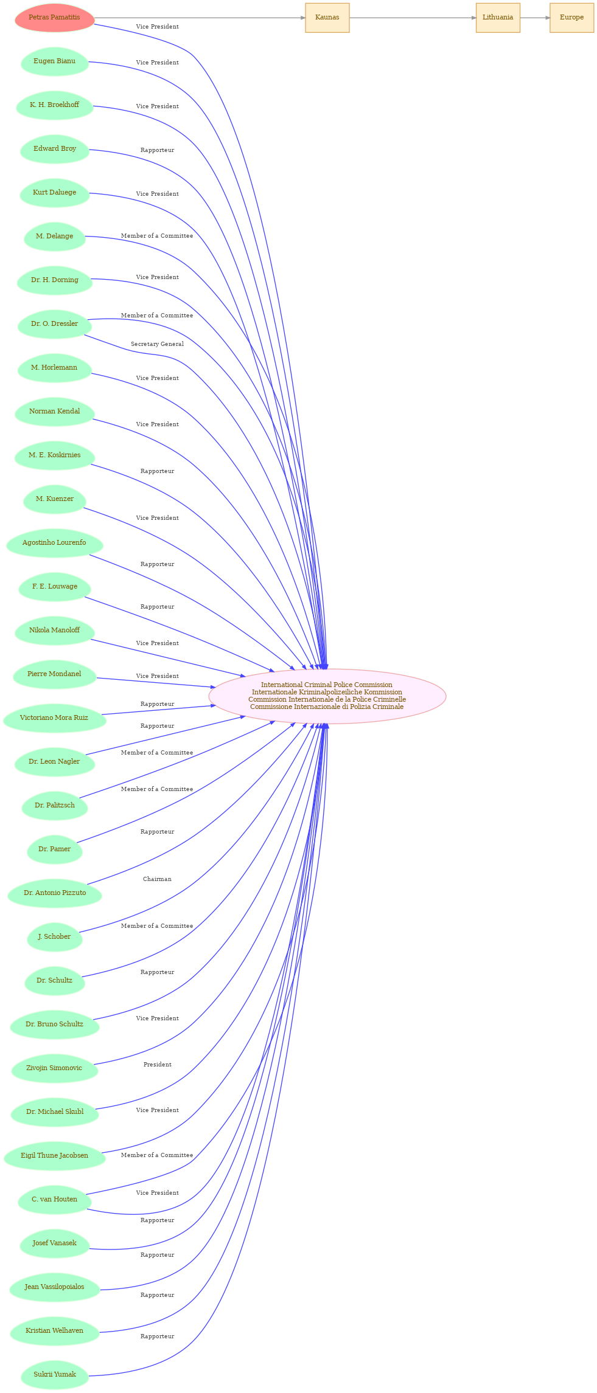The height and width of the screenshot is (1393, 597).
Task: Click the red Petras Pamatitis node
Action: point(55,18)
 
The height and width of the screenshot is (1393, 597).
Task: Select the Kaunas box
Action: point(327,18)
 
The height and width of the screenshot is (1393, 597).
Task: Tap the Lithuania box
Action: point(498,18)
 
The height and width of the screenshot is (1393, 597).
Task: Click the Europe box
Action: point(572,18)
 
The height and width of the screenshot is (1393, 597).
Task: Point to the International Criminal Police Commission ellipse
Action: point(327,696)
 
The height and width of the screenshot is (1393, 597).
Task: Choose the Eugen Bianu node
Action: point(55,61)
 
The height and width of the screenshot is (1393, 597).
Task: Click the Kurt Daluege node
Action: point(55,193)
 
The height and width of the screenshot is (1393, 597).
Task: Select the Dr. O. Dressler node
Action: point(55,324)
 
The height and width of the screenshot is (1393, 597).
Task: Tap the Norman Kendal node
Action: point(55,412)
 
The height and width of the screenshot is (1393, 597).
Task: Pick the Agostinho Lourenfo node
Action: point(55,543)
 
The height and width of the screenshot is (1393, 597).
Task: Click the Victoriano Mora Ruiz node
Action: point(55,718)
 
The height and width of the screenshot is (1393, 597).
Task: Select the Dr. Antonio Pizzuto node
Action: point(55,893)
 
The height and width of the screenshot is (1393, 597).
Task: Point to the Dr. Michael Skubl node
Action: point(55,1112)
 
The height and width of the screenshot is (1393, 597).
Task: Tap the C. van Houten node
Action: point(55,1200)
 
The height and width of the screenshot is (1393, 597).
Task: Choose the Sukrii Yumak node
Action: point(55,1375)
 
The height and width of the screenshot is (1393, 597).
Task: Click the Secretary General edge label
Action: point(157,344)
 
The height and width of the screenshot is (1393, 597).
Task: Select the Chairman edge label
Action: point(157,879)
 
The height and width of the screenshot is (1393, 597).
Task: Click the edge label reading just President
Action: point(157,1065)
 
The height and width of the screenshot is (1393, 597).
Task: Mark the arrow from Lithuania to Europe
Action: point(536,18)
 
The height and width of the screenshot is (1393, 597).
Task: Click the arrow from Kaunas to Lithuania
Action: point(413,18)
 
